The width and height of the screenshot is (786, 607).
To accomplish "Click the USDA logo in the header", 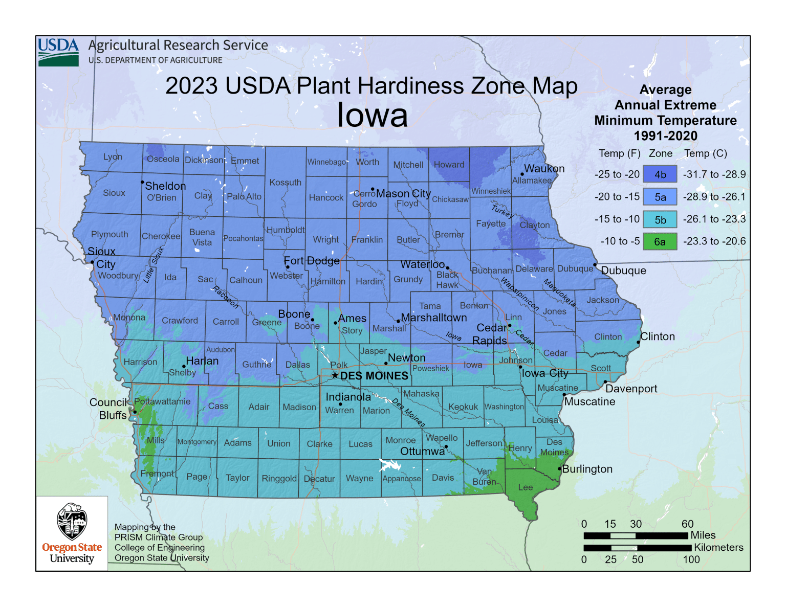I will (58, 52).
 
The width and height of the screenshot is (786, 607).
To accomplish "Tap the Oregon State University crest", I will (72, 522).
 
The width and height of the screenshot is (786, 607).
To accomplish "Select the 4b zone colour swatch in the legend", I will (660, 174).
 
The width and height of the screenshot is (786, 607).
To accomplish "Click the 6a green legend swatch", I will (660, 241).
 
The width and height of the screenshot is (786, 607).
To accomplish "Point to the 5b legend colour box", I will (660, 219).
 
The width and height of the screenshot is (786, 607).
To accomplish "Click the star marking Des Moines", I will (335, 375).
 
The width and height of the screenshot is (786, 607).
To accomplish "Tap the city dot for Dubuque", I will (595, 265).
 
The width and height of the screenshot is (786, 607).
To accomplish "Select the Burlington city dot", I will (559, 469).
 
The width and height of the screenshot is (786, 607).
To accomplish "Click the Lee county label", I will (526, 487).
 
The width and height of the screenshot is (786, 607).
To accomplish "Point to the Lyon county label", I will (113, 156).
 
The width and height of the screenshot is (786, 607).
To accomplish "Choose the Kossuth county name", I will (286, 183).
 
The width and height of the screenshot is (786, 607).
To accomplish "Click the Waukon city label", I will (544, 169).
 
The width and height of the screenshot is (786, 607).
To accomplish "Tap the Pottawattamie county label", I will (162, 401).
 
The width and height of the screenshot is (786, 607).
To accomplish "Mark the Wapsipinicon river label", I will (519, 294).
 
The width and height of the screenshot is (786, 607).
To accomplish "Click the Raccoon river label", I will (226, 297).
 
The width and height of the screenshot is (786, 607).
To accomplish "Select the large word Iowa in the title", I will (372, 115).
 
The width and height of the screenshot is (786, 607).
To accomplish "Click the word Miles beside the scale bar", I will (703, 535).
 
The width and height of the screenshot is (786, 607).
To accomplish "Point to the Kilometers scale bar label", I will (718, 548).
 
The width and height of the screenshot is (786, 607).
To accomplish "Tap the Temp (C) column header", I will (705, 153).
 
